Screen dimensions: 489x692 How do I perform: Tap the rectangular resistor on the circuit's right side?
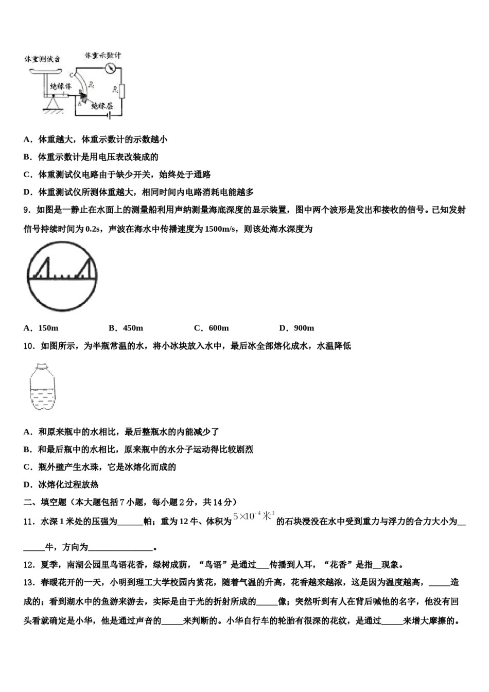pyautogui.click(x=121, y=92)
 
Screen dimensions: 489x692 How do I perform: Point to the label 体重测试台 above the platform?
pyautogui.click(x=42, y=59)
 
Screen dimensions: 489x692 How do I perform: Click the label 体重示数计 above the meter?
pyautogui.click(x=102, y=55)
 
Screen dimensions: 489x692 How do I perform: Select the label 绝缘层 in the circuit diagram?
pyautogui.click(x=101, y=106)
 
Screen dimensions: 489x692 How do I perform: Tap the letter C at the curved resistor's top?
pyautogui.click(x=72, y=75)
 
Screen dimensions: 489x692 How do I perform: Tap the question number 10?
pyautogui.click(x=29, y=346)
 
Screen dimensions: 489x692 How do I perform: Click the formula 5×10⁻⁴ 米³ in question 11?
pyautogui.click(x=254, y=516)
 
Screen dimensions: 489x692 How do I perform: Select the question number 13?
pyautogui.click(x=29, y=582)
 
